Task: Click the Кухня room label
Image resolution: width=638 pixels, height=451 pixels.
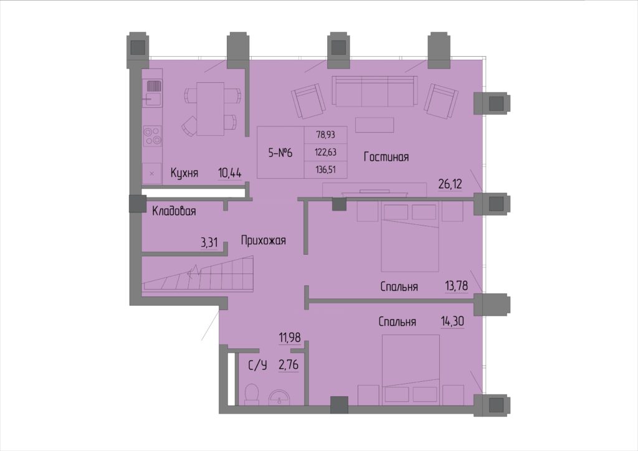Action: [x=184, y=173]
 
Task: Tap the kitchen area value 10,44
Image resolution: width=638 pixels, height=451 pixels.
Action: [x=230, y=173]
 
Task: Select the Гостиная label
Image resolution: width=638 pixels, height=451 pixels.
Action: [x=386, y=157]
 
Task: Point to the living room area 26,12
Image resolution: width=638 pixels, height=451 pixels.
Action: [x=450, y=184]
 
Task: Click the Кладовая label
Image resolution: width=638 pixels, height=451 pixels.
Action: [x=174, y=211]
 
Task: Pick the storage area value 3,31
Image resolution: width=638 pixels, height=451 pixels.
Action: [x=209, y=243]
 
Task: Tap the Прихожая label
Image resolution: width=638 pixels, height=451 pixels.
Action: [x=264, y=240]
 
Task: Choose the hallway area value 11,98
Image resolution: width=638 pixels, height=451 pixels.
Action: [x=290, y=338]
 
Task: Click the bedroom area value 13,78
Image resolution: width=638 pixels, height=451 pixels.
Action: [x=457, y=286]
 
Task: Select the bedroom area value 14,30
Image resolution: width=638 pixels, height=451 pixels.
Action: [x=452, y=321]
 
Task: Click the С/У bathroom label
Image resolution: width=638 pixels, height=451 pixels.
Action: [x=258, y=366]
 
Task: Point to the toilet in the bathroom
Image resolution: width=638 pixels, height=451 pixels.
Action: [x=252, y=394]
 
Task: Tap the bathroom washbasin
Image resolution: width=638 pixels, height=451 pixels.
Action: [x=280, y=397]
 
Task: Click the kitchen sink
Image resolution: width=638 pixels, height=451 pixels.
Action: [x=153, y=93]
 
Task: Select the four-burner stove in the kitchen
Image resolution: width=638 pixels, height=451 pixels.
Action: [x=153, y=136]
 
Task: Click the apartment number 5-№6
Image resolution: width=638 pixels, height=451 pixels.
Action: [x=280, y=153]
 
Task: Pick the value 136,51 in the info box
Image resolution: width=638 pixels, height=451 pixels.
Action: [x=326, y=169]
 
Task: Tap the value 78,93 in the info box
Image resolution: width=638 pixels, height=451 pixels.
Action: [x=326, y=134]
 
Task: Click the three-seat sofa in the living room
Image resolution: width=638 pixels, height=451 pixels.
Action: [x=374, y=91]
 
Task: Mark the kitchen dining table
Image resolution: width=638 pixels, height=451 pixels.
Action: [x=210, y=109]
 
